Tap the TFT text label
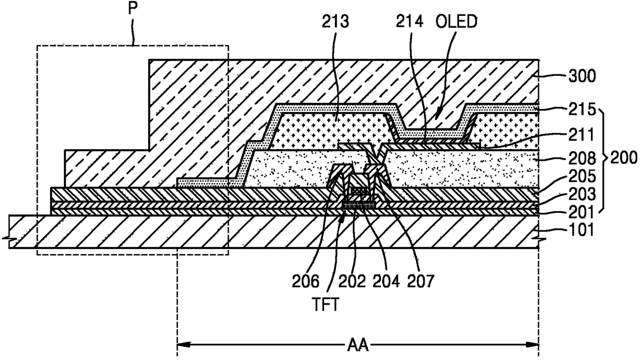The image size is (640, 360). [x=326, y=305]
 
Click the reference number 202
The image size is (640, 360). [x=353, y=281]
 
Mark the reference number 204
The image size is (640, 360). [x=387, y=281]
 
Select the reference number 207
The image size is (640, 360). [x=421, y=281]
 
